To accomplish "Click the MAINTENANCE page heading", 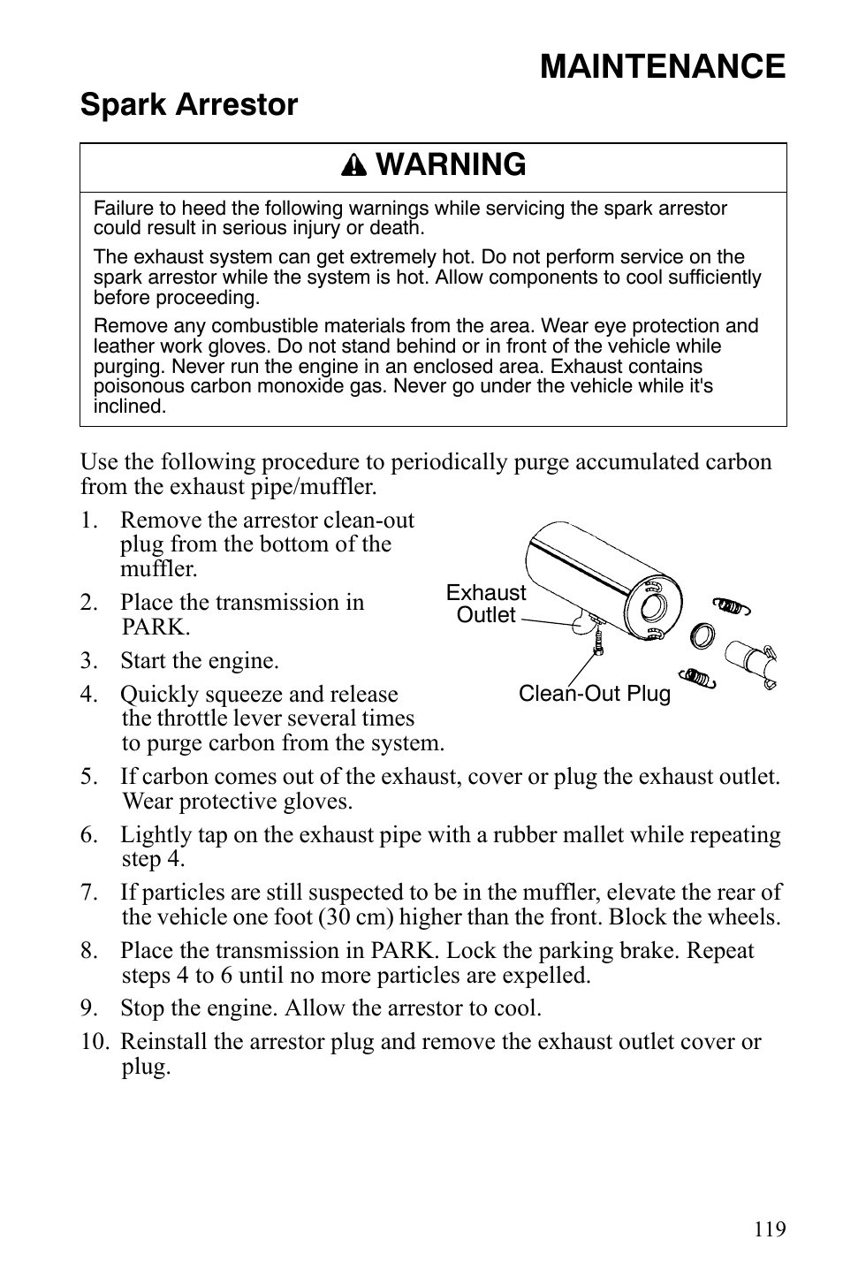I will [x=662, y=66].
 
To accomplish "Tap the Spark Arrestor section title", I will [x=189, y=105].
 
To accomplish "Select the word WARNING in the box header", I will [x=450, y=165].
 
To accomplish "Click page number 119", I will [x=770, y=1229].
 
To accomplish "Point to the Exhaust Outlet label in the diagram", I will [x=485, y=604].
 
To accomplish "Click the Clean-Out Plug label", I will [x=594, y=694].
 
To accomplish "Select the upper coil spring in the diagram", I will [x=732, y=605].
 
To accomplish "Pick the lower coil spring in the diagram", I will [x=698, y=677].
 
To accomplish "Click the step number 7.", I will [x=87, y=893].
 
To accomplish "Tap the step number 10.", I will [x=92, y=1042].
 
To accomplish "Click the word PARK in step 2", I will [x=156, y=627].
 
